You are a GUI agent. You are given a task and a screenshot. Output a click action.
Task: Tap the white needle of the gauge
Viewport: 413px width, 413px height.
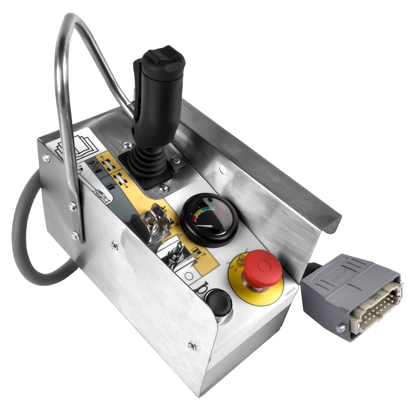tap(205, 226)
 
